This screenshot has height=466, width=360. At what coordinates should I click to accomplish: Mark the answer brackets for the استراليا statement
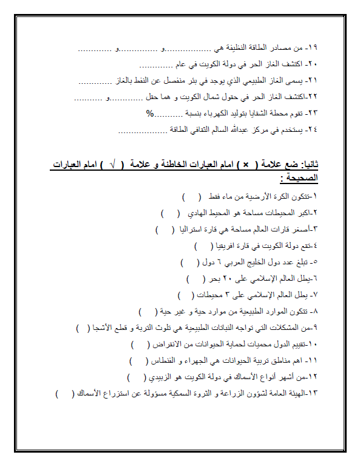point(163,230)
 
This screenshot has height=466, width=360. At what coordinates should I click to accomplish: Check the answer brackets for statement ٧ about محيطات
point(185,295)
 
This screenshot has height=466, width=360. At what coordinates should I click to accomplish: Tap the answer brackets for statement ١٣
point(63,394)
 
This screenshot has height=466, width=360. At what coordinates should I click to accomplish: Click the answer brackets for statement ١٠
point(141,344)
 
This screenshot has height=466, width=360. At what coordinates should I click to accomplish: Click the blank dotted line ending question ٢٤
point(141,130)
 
